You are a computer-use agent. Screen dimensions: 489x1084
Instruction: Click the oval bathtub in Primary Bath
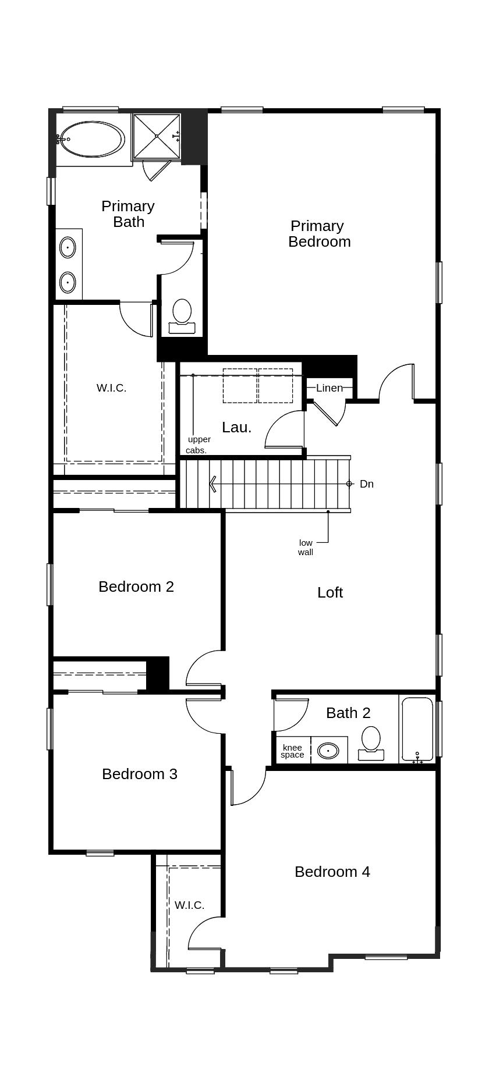point(93,139)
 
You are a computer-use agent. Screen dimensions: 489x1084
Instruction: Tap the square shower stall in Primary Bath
point(157,136)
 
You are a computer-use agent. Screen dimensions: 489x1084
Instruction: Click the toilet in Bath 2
point(371,744)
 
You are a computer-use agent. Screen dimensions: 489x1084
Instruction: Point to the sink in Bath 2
point(328,751)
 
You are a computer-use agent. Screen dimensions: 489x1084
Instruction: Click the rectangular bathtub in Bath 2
point(417,730)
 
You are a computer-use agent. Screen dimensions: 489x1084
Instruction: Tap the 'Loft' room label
point(330,592)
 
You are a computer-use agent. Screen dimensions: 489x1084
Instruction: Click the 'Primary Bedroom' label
point(319,233)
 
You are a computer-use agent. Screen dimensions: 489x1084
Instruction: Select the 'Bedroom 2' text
point(136,587)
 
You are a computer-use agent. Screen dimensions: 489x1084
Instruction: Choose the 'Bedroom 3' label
point(140,774)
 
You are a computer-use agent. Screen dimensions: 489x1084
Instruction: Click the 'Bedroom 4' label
point(332,872)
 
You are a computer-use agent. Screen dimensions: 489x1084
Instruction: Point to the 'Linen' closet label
point(329,388)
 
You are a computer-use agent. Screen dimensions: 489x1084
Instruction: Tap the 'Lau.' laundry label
point(237,427)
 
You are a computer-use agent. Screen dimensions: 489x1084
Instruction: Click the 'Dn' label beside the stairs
point(367,484)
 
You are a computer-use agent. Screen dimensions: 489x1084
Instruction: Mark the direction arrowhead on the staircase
point(213,484)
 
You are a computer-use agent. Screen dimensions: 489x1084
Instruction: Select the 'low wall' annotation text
point(306,548)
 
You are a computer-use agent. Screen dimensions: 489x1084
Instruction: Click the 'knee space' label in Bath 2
point(292,751)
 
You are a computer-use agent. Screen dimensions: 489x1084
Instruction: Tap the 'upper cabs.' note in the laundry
point(198,445)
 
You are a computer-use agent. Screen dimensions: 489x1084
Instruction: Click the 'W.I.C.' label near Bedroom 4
point(189,905)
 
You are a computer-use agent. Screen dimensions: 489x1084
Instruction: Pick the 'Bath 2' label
point(348,713)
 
